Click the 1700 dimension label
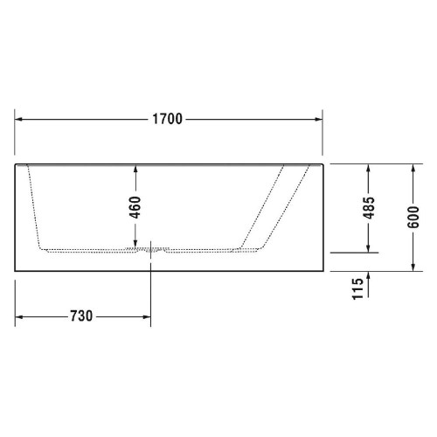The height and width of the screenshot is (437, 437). (x=169, y=119)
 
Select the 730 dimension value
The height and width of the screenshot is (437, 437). (x=80, y=315)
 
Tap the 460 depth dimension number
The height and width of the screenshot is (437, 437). (x=135, y=207)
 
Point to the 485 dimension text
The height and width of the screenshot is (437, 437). (x=370, y=207)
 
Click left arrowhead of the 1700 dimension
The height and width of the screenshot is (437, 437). (x=20, y=119)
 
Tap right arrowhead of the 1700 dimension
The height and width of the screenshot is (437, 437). (x=320, y=119)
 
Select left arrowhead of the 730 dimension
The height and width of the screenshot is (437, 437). (x=20, y=315)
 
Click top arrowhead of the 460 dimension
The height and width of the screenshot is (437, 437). (x=135, y=168)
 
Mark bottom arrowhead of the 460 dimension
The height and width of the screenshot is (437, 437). (x=135, y=245)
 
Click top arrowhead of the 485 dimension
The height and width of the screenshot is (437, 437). (x=370, y=168)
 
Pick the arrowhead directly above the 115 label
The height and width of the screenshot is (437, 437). (x=370, y=274)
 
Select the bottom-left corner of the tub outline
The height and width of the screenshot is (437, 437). (x=15, y=270)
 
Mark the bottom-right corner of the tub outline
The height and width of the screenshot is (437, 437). (x=324, y=270)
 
